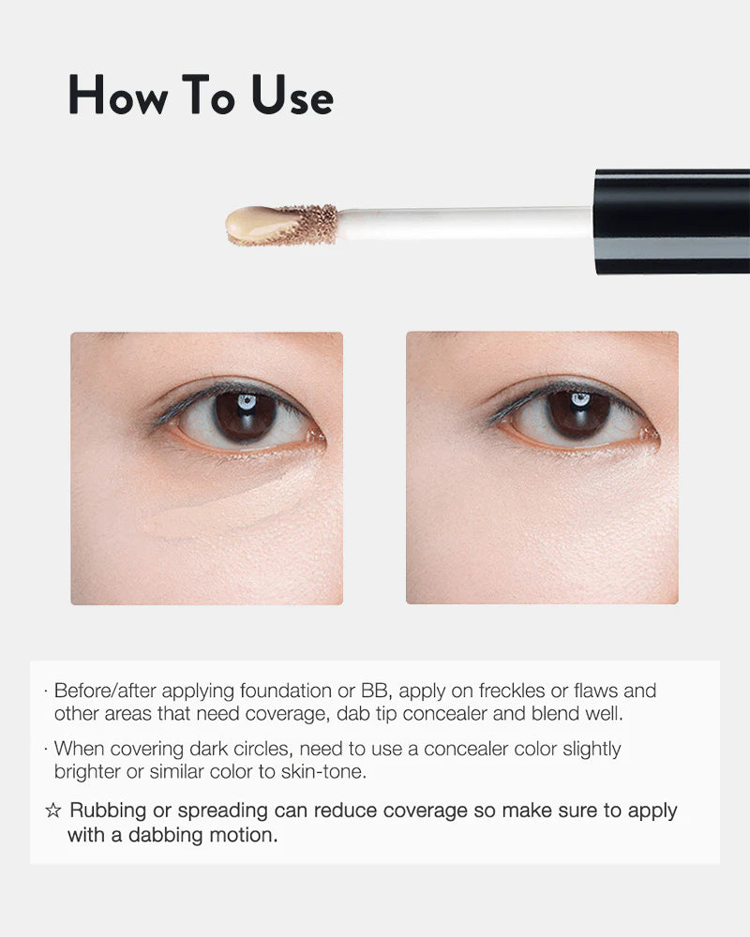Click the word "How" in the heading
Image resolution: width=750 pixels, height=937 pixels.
tap(118, 95)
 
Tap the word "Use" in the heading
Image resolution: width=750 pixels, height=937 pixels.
tap(292, 95)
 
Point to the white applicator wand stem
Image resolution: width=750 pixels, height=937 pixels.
tap(463, 222)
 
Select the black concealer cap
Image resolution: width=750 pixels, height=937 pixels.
tap(672, 222)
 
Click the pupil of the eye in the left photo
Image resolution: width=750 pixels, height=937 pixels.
tap(246, 415)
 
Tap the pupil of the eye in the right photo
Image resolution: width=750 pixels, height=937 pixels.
tap(578, 414)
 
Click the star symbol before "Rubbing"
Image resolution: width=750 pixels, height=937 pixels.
tap(53, 811)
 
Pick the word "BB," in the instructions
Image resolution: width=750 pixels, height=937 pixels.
tap(377, 691)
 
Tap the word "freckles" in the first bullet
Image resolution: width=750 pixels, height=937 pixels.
tap(511, 691)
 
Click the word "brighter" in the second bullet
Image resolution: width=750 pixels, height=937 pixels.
tap(87, 772)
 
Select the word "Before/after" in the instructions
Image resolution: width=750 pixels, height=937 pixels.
tap(105, 692)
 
